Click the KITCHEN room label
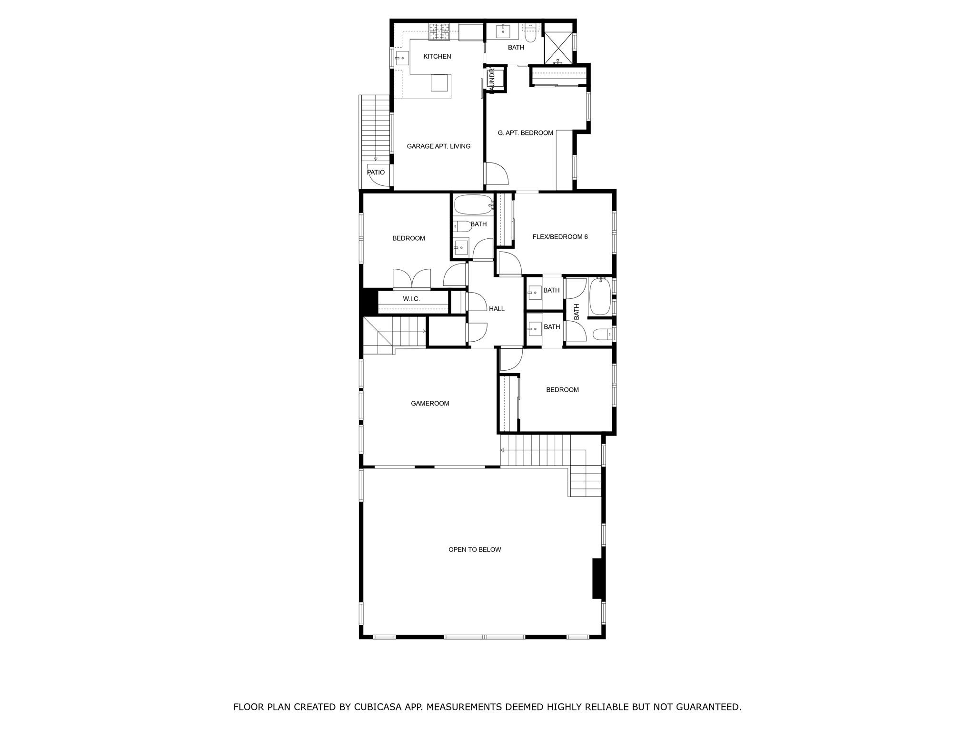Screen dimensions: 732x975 [x=437, y=57]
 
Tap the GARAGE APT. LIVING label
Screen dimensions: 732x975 [x=438, y=146]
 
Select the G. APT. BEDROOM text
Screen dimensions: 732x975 [x=525, y=133]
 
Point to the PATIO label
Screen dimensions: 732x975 [x=376, y=173]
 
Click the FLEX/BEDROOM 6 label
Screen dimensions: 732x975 [x=560, y=237]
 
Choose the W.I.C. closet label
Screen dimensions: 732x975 [x=411, y=299]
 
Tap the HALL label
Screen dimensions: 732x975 [x=497, y=309]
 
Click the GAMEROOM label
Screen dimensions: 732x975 [x=430, y=404]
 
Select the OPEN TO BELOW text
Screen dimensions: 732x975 [x=475, y=549]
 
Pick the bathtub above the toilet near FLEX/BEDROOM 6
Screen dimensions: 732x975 [x=473, y=205]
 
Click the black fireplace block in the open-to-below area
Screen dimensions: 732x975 [x=598, y=578]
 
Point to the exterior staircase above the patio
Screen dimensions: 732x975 [x=375, y=129]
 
